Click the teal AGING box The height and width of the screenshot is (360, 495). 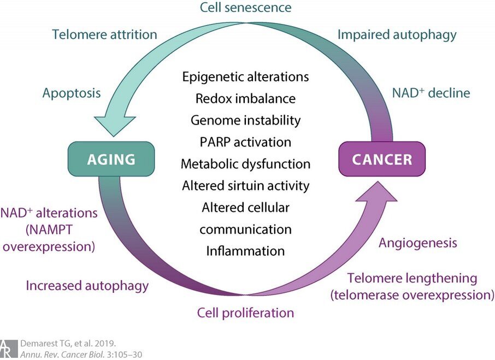[111, 159]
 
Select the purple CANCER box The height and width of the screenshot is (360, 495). [382, 159]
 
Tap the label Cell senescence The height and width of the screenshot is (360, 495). [246, 7]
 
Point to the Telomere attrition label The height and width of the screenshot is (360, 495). [104, 34]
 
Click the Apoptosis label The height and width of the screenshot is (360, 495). [72, 93]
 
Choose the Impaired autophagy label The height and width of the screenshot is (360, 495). [397, 35]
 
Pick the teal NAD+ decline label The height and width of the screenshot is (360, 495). [431, 93]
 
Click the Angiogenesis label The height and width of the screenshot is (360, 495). [418, 243]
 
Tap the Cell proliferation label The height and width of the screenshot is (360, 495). [246, 312]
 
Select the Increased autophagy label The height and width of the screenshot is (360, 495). [87, 286]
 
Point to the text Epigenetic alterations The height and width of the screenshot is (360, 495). [246, 77]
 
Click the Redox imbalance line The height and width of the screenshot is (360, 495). [246, 98]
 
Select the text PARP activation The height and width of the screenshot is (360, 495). [246, 142]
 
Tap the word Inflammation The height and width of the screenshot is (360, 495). [246, 251]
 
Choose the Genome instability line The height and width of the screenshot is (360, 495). [246, 120]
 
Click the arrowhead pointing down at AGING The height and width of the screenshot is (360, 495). [114, 126]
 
